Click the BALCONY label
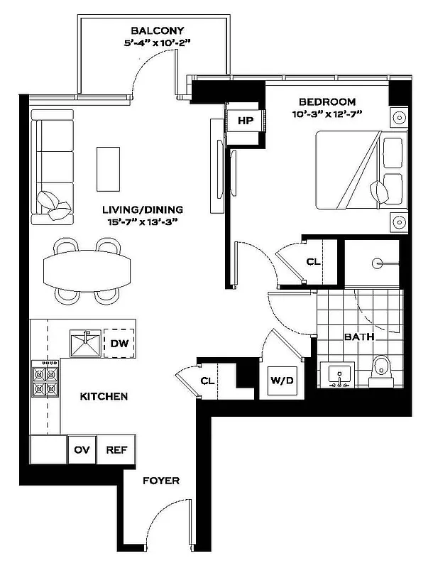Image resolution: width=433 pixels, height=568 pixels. coord(158,31)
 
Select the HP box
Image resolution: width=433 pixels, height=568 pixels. coord(246,121)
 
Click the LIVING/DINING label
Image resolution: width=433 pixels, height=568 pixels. coord(142,210)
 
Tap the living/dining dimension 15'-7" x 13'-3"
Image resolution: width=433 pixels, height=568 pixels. coord(142,222)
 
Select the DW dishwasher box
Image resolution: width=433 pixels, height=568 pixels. coord(119,344)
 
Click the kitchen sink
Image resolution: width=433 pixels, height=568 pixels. coord(86,344)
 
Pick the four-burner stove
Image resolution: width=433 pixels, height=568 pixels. coord(45,381)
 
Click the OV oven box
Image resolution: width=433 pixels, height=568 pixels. coord(81,449)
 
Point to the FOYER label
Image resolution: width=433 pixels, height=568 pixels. coord(160,481)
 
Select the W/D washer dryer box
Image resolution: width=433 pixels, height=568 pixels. coord(278,380)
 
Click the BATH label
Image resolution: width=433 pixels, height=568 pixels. coord(359,337)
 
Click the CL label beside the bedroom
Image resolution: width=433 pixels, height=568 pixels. coord(313,262)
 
